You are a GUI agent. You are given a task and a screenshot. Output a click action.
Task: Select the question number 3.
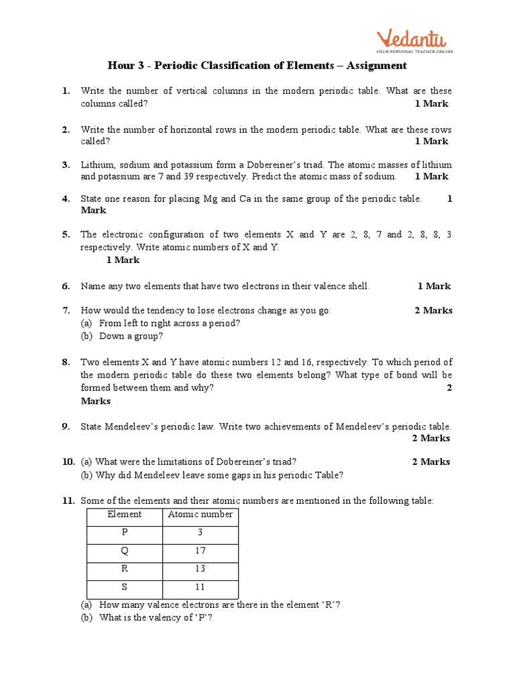[x=66, y=164]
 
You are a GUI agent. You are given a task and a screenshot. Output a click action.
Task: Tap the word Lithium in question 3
[x=97, y=164]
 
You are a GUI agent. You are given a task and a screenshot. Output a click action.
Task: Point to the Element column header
[x=125, y=515]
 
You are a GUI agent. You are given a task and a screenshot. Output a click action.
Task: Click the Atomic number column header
[x=200, y=515]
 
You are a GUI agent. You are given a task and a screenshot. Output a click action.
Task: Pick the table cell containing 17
[x=200, y=551]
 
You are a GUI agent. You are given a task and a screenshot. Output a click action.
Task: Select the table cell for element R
[x=125, y=570]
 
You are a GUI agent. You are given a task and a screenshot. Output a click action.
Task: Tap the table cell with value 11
[x=200, y=588]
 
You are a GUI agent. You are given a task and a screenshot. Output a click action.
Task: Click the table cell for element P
[x=125, y=533]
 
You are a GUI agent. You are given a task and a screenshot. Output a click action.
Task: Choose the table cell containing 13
[x=200, y=570]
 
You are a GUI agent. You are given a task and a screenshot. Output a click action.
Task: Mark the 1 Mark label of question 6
[x=434, y=286]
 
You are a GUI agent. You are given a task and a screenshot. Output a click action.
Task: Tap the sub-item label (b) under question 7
[x=87, y=336]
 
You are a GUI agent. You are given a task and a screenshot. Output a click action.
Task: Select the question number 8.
[x=66, y=362]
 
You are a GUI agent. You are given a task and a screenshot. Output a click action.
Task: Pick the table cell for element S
[x=125, y=588]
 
